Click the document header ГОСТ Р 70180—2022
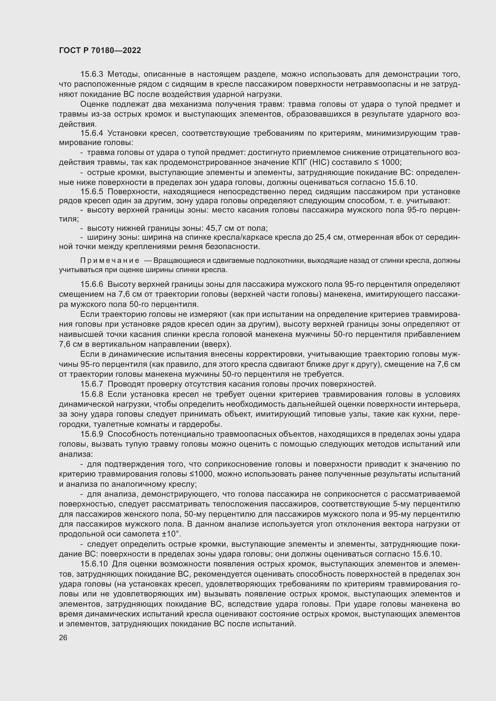pyautogui.click(x=100, y=51)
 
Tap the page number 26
pyautogui.click(x=63, y=638)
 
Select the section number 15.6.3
pyautogui.click(x=92, y=74)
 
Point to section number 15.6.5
pyautogui.click(x=92, y=192)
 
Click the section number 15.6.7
pyautogui.click(x=92, y=384)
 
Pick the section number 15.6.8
pyautogui.click(x=92, y=394)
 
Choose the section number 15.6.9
pyautogui.click(x=92, y=434)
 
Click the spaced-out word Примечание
pyautogui.click(x=110, y=261)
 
